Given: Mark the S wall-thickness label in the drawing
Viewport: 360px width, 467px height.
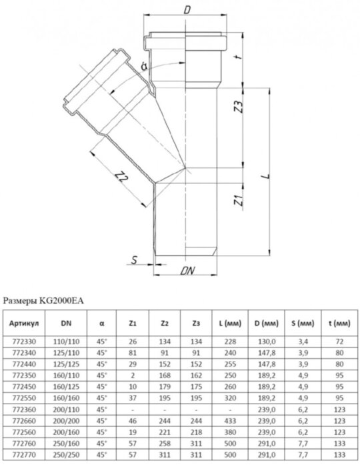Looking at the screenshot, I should [135, 260].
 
